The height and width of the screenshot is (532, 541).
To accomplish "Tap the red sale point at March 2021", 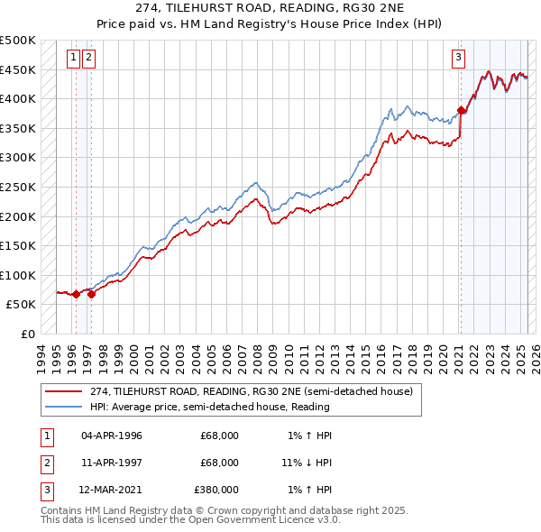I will pyautogui.click(x=461, y=111).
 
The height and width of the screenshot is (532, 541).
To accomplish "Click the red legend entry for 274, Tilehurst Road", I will pyautogui.click(x=252, y=391).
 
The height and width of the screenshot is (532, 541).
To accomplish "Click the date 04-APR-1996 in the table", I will pyautogui.click(x=112, y=436).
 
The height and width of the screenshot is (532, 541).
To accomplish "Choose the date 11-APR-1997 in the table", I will pyautogui.click(x=112, y=463).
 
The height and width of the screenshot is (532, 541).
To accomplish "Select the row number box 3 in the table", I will pyautogui.click(x=46, y=490).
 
